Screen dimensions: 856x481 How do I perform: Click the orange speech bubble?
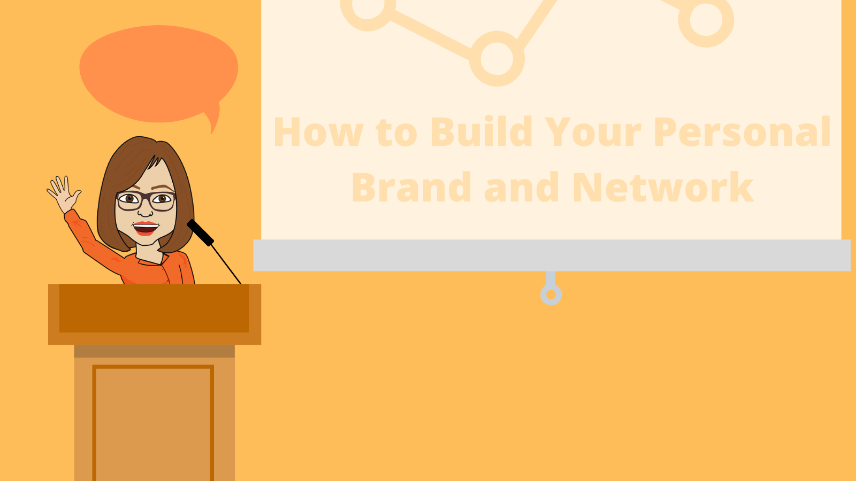pyautogui.click(x=158, y=74)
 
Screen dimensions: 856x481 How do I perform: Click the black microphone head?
pyautogui.click(x=200, y=232)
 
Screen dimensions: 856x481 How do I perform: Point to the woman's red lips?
pyautogui.click(x=146, y=228)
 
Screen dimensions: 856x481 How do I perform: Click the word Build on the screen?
pyautogui.click(x=481, y=131)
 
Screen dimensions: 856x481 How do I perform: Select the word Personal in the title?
pyautogui.click(x=742, y=131)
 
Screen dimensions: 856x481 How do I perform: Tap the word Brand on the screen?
pyautogui.click(x=411, y=187)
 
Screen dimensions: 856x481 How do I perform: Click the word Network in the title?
pyautogui.click(x=663, y=187)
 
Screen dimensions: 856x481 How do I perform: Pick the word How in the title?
pyautogui.click(x=318, y=131)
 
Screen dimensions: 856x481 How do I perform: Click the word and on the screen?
pyautogui.click(x=522, y=187)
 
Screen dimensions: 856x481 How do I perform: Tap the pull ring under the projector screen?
pyautogui.click(x=551, y=294)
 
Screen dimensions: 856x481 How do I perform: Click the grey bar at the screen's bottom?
pyautogui.click(x=552, y=255)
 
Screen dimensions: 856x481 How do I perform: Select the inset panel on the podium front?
pyautogui.click(x=153, y=423)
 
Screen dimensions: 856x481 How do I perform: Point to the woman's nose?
pyautogui.click(x=145, y=211)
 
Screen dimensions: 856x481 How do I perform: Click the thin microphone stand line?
pyautogui.click(x=226, y=264)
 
